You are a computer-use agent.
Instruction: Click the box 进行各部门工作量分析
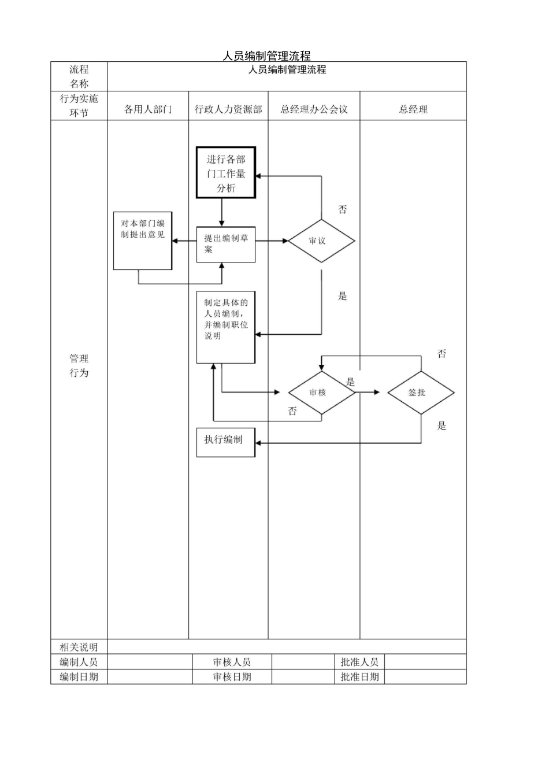[226, 173]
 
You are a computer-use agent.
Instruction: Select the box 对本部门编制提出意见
[143, 240]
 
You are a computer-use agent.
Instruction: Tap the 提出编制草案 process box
[226, 245]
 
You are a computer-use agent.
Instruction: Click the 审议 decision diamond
[321, 240]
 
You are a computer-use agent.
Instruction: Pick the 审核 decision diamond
[321, 393]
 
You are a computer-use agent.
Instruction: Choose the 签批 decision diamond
[421, 393]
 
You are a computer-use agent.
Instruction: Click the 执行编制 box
[226, 442]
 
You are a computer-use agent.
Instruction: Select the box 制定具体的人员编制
[226, 327]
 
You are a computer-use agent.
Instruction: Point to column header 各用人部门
[148, 109]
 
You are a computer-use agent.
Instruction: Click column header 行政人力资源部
[228, 109]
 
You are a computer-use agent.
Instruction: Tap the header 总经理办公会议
[314, 109]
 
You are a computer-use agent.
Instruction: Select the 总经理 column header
[413, 109]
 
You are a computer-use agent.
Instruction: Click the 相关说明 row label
[79, 647]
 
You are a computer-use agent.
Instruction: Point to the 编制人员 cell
[79, 662]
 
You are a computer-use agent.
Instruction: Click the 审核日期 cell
[232, 677]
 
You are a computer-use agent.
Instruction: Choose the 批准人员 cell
[359, 662]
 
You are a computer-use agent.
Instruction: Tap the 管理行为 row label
[79, 366]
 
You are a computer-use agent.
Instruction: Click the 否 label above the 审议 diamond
[343, 209]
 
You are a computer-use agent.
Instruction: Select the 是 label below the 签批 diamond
[442, 426]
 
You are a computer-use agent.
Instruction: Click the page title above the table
[266, 55]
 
